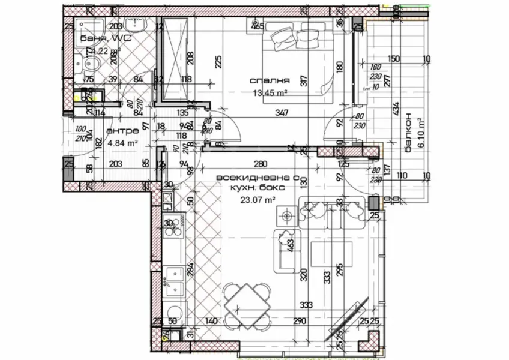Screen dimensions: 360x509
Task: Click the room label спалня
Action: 270,80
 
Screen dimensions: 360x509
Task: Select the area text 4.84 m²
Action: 123,143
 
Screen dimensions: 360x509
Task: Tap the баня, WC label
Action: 105,38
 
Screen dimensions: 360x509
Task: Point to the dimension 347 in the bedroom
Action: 279,113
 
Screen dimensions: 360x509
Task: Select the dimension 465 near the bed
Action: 258,26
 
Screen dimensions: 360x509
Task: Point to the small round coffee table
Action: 288,215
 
